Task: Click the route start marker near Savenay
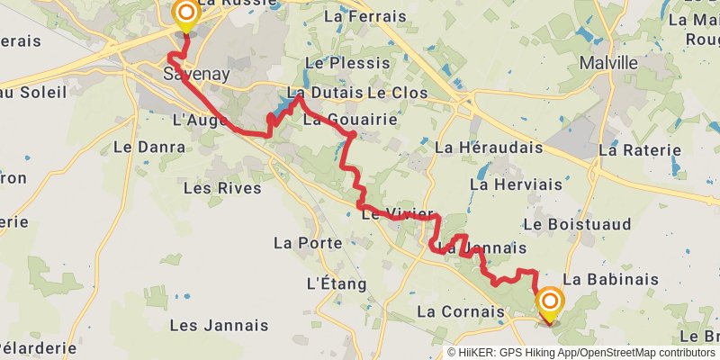(185, 14)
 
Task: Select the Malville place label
(608, 64)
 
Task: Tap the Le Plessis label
(347, 63)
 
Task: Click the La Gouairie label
(338, 120)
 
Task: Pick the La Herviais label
(516, 184)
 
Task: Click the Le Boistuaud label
(576, 223)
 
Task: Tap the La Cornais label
(461, 312)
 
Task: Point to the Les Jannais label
(219, 325)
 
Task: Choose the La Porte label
(308, 243)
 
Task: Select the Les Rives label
(221, 188)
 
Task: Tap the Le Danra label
(141, 147)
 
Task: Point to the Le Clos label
(397, 94)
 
